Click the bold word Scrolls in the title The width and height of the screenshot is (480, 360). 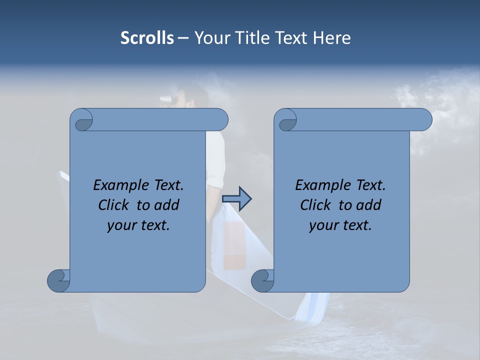[147, 38]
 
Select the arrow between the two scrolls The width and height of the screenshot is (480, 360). [236, 199]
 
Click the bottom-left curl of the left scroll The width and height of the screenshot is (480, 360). [59, 280]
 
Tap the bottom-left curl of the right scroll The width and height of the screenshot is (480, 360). [262, 280]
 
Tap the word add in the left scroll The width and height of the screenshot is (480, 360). [166, 205]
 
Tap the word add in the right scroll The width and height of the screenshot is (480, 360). [368, 205]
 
